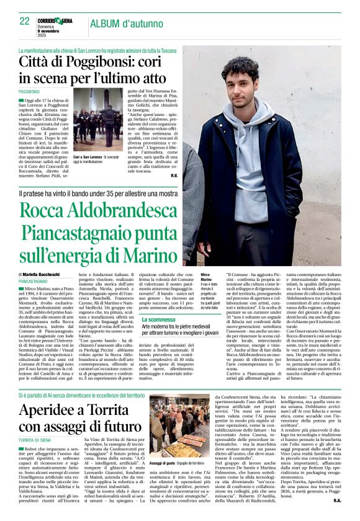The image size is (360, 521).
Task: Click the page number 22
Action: pos(24,21)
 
